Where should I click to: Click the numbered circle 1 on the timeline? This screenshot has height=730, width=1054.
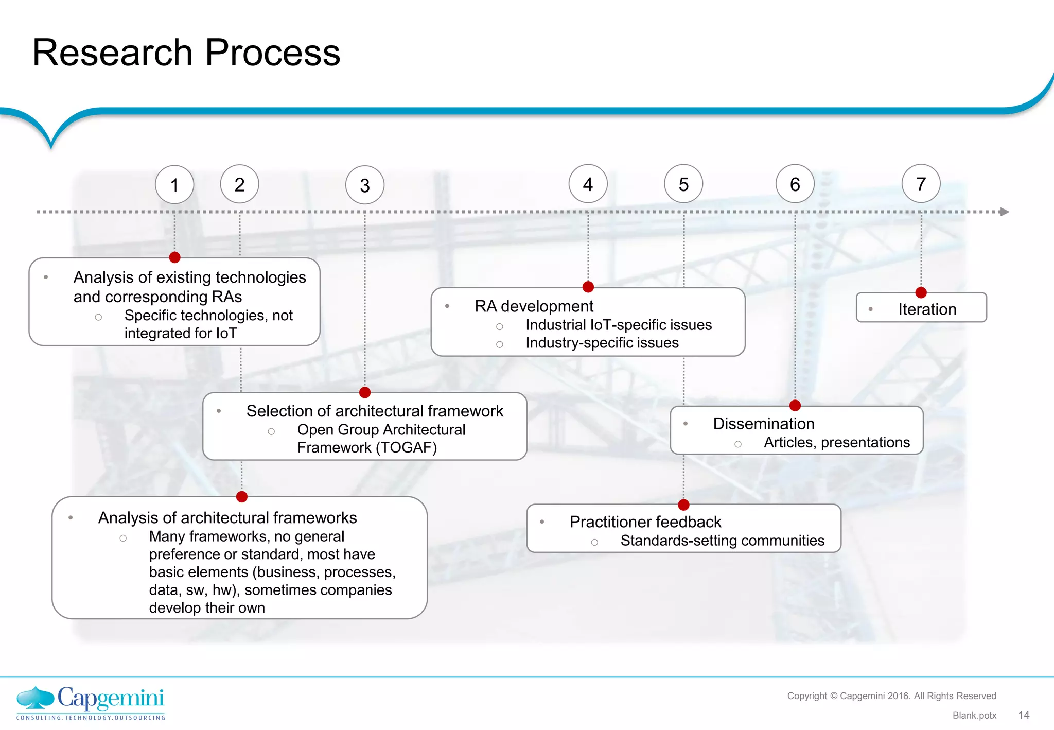click(x=174, y=185)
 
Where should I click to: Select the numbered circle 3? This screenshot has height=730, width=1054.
click(x=365, y=185)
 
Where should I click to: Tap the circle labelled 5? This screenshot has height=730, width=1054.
click(x=683, y=184)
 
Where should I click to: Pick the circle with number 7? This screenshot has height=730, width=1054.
click(x=921, y=184)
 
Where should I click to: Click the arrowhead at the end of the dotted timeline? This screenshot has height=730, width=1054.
click(x=1004, y=212)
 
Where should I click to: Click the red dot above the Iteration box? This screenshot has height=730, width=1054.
click(x=921, y=292)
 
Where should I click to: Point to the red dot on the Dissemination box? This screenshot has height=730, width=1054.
click(x=795, y=406)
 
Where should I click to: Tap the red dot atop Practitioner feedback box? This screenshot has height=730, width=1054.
click(x=683, y=505)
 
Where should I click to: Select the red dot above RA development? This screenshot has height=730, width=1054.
click(x=588, y=287)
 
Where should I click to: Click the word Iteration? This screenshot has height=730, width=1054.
click(x=927, y=309)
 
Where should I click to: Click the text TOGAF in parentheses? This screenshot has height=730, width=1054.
click(x=406, y=448)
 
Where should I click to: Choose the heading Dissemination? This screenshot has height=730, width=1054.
click(x=763, y=424)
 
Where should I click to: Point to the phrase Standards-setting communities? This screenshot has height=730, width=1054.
click(x=722, y=541)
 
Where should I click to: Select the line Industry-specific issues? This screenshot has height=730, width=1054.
click(x=602, y=343)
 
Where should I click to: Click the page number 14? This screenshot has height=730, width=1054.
click(x=1024, y=715)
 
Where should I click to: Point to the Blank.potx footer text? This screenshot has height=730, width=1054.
click(x=974, y=716)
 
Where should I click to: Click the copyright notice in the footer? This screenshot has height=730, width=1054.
click(x=891, y=696)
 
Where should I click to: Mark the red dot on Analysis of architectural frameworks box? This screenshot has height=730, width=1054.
click(x=242, y=497)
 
